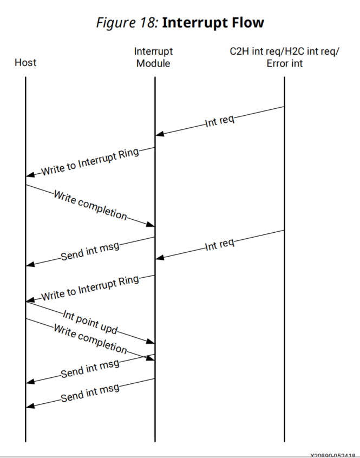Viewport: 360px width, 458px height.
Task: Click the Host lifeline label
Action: (25, 63)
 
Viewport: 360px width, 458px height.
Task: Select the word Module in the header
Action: (154, 63)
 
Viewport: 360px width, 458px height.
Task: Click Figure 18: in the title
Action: (127, 23)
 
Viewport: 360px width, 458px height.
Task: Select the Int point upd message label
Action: (89, 322)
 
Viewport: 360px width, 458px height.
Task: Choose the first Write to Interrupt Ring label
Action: (90, 161)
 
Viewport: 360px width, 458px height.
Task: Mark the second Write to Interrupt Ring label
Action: (90, 288)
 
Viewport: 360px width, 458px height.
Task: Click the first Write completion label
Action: (90, 204)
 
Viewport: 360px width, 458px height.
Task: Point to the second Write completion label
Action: (90, 338)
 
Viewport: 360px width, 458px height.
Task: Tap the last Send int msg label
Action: (90, 393)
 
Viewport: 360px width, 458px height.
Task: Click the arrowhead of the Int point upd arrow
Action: (151, 342)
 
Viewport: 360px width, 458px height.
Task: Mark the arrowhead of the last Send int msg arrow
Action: (30, 406)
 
